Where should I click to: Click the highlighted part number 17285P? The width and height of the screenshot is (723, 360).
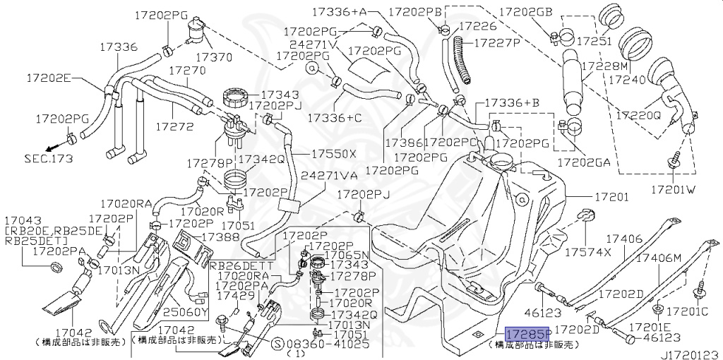[x=528, y=333]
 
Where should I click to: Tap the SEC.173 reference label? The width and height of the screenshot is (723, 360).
[x=49, y=159]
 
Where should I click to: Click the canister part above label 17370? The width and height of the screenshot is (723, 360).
[x=196, y=30]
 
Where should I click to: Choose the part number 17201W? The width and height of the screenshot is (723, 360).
[x=674, y=189]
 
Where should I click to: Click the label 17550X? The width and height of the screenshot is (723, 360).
[x=334, y=153]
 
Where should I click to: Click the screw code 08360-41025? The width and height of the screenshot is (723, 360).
[x=328, y=344]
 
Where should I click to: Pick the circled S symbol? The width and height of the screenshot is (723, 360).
[x=277, y=344]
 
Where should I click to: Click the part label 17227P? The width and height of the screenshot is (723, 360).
[x=498, y=43]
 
